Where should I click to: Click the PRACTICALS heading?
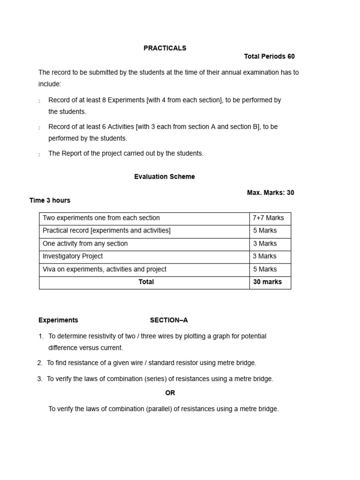click(165, 48)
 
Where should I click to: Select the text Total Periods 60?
click(269, 57)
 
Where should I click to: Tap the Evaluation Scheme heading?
click(164, 177)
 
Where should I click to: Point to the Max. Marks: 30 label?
click(270, 193)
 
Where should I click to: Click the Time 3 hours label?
click(50, 201)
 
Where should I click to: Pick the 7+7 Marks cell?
click(268, 218)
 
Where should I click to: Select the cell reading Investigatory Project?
click(73, 256)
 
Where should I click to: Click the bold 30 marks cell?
click(267, 282)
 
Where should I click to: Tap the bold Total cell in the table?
click(146, 282)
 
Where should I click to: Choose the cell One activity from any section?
click(85, 244)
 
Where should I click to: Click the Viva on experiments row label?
click(104, 270)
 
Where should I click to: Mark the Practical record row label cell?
click(106, 231)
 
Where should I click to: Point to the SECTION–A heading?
click(169, 321)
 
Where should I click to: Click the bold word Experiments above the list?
click(58, 321)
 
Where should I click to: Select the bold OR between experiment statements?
click(170, 393)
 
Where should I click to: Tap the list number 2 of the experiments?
click(39, 363)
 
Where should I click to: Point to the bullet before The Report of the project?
click(39, 154)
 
